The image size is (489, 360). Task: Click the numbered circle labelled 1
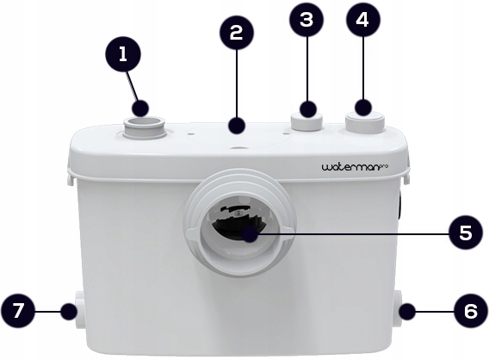point(123,54)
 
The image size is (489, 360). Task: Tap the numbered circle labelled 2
point(236,33)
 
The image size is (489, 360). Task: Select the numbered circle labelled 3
point(306,20)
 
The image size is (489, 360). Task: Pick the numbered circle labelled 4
point(362,20)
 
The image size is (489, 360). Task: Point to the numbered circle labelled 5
point(467,233)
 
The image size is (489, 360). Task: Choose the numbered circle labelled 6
point(471,311)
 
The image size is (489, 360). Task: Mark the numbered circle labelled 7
point(17,311)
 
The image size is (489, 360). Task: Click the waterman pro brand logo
point(356,167)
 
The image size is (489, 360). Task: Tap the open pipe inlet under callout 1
point(144,127)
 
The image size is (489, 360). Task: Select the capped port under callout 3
point(306,121)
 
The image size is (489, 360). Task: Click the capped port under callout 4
point(364,121)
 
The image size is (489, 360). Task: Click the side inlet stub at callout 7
point(80,310)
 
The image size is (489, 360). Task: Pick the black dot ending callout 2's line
point(236,126)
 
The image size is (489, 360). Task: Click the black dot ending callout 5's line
point(251,234)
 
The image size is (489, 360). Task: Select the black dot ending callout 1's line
point(140,109)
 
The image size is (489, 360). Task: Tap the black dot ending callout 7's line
point(69,311)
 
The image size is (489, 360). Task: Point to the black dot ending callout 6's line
point(407,311)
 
